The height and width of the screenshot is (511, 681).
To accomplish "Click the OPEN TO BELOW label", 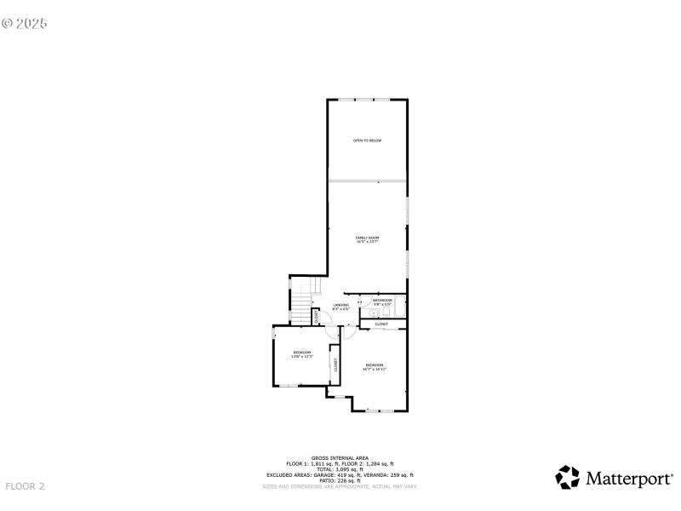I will pos(367,140).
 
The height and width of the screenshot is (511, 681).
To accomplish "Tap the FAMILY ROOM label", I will pos(367,239).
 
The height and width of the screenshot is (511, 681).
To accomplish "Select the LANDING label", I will pos(340,306).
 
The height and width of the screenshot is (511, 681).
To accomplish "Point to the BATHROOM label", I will pos(382,301).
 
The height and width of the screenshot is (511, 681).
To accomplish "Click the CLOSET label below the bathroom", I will pos(381,324).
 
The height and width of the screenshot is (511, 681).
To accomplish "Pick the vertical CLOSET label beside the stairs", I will pos(317,316).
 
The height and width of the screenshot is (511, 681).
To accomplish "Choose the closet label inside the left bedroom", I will pos(335,365).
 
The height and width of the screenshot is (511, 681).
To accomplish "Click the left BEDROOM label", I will pos(302,354).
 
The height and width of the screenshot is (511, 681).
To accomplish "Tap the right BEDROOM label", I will pos(375,367).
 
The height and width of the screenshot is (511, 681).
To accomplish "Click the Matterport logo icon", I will pos(567,477).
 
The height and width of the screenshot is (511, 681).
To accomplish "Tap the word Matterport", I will pos(628,478).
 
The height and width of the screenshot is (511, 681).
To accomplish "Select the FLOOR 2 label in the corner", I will pos(25,486).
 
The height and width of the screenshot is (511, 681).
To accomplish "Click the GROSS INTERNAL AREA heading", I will pos(340,457).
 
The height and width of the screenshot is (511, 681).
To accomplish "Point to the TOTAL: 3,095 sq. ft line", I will pos(340,468).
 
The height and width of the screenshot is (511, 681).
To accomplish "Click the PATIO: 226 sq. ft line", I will pos(340,480).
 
